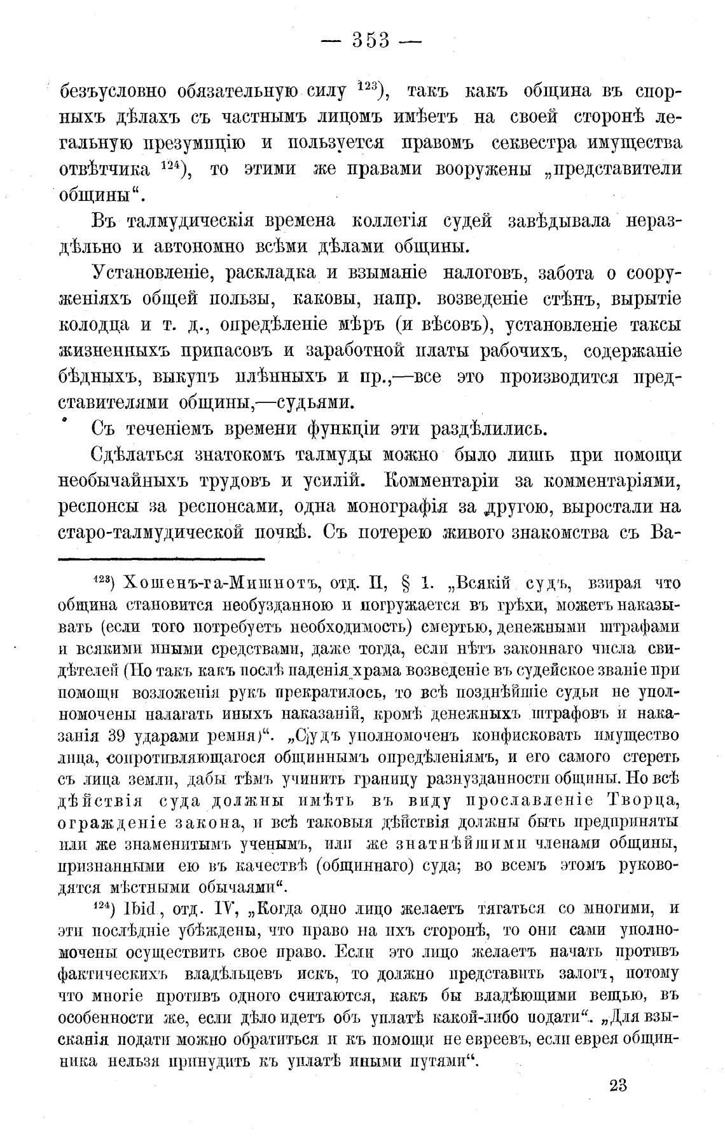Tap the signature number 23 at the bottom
[x=618, y=1084]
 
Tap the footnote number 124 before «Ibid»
[x=103, y=906]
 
